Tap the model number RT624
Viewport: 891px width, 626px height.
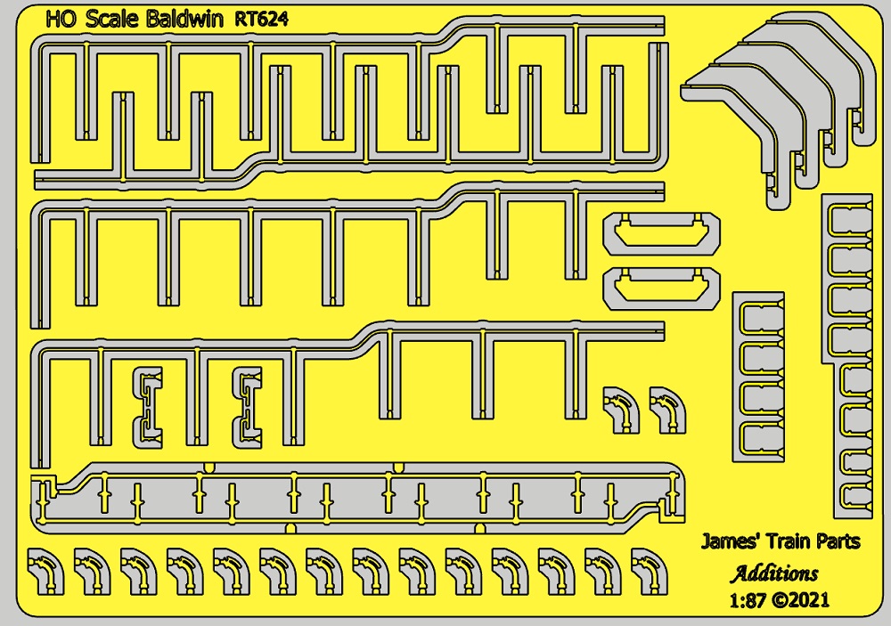point(262,19)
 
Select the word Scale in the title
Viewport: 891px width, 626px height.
point(107,19)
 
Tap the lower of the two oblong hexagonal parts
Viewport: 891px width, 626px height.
point(662,288)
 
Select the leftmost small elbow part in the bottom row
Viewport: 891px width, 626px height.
point(45,570)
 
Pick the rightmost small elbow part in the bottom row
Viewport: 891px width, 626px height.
point(647,570)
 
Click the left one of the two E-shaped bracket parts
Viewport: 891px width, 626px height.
point(148,405)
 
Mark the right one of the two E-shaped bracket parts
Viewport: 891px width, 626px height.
point(247,405)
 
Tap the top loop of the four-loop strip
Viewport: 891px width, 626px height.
point(760,319)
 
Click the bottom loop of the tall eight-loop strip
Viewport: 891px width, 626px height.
point(851,498)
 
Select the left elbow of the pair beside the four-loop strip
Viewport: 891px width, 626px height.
point(621,409)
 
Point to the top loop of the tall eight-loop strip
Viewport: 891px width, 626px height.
point(851,218)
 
